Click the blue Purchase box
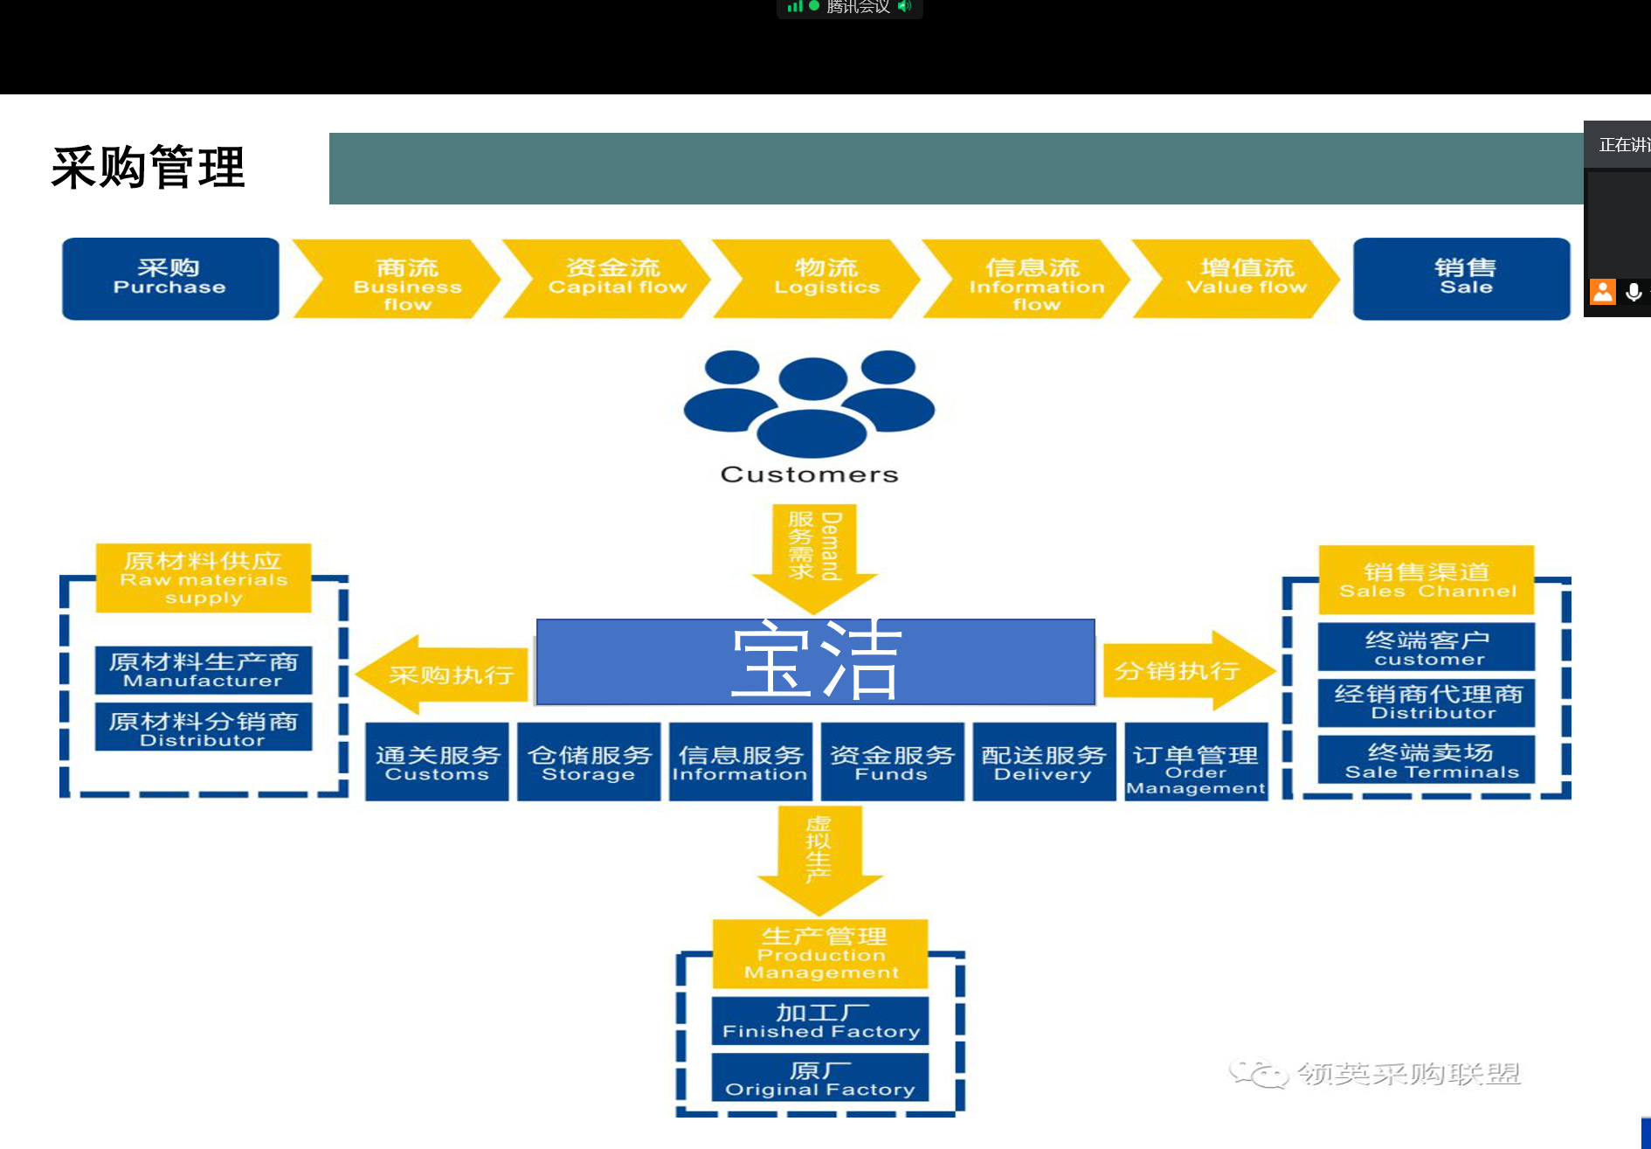[170, 279]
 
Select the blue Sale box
[1461, 279]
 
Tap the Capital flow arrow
[611, 279]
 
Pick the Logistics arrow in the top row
[821, 279]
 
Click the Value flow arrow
[1240, 279]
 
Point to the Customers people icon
[810, 403]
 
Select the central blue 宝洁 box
[815, 661]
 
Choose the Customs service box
[437, 762]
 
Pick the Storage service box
[589, 762]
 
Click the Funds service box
[892, 762]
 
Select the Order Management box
[1196, 762]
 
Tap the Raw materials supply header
[204, 578]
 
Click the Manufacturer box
[204, 669]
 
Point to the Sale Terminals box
[1426, 759]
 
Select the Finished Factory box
[820, 1021]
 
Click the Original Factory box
[820, 1078]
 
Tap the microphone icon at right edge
[1634, 292]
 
